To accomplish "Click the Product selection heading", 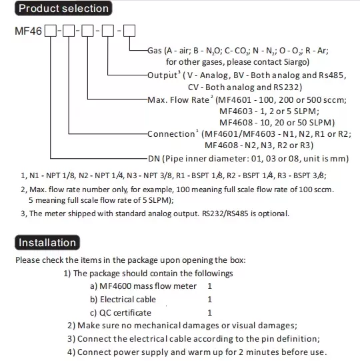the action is point(63,9).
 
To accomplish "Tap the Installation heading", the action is point(47,243).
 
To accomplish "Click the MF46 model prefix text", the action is point(28,31).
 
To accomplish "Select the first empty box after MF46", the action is point(51,31).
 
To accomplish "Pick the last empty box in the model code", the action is point(129,31).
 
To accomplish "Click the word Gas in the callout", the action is point(155,51).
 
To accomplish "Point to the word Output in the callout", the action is point(162,75).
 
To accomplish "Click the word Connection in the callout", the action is point(171,133).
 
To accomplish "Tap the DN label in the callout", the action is point(154,159).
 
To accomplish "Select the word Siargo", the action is point(295,62).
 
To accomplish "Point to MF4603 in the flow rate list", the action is point(236,111).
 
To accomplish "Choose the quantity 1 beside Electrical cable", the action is point(209,300).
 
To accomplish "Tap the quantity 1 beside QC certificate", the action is point(209,313).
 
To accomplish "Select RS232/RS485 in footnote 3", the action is point(225,214).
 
